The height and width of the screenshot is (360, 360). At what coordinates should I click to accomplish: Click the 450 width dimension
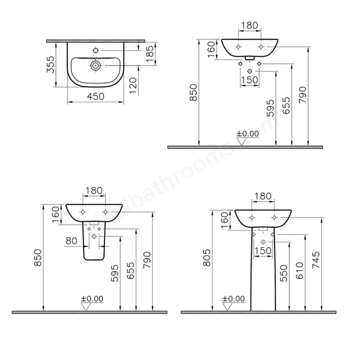point(96,96)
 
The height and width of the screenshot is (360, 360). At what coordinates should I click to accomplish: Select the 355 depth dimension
point(51,64)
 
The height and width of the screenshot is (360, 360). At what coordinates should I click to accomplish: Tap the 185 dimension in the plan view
point(150,54)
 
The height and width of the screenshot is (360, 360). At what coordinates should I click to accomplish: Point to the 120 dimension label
point(133,85)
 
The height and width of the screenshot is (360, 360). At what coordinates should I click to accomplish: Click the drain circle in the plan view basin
point(95,66)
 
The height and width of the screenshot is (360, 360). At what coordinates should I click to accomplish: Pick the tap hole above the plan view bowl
point(96,50)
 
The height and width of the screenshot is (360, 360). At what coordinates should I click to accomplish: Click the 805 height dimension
point(207,258)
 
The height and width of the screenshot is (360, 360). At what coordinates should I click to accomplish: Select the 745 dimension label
point(316,260)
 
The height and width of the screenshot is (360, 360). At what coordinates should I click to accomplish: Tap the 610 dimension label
point(300,271)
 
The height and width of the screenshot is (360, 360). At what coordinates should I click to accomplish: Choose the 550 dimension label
point(283,273)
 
